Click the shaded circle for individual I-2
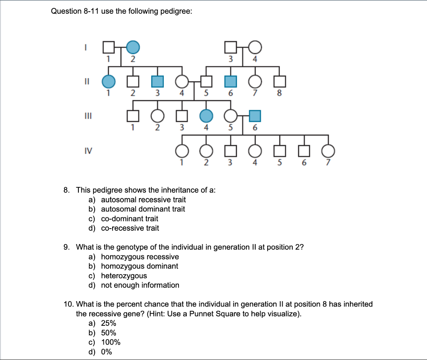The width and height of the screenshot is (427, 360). (x=133, y=48)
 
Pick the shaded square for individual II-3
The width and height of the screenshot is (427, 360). (x=157, y=81)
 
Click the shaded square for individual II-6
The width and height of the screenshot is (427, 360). (x=230, y=81)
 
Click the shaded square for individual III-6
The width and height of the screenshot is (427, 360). (x=255, y=115)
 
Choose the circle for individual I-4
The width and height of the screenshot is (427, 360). (x=255, y=48)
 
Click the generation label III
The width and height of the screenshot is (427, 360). (x=85, y=114)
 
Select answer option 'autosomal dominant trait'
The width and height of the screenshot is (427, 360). (x=143, y=209)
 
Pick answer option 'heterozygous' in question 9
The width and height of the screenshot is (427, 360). (x=124, y=276)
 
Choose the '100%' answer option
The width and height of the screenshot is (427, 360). (x=111, y=342)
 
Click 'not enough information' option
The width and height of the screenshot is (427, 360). (x=140, y=285)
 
